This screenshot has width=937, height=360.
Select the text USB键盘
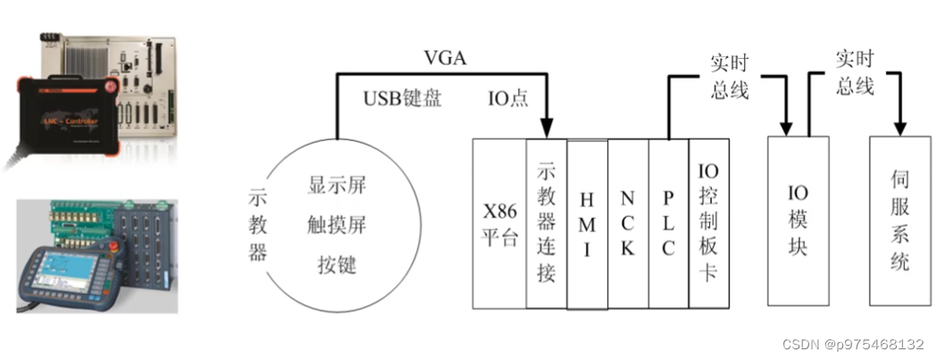[402, 98]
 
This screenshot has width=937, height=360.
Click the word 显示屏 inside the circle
[337, 186]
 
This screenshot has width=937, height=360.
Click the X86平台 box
[499, 223]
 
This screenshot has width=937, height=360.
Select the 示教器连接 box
[547, 223]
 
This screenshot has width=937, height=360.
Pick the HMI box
[587, 223]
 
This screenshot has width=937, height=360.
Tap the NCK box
[628, 223]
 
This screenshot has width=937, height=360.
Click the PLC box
[668, 223]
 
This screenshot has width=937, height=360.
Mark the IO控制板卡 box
[709, 223]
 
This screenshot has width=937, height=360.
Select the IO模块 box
[798, 221]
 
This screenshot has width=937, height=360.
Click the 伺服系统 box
[899, 221]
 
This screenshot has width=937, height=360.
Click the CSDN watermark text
[854, 345]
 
